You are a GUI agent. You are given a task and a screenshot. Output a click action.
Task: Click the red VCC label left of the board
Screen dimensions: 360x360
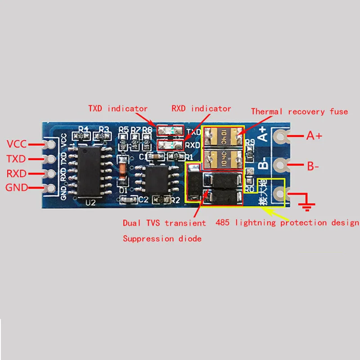(x=17, y=144)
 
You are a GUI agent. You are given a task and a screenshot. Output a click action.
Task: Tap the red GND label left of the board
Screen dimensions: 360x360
(x=17, y=188)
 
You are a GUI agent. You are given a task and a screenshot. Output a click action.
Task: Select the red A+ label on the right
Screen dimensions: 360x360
(x=315, y=135)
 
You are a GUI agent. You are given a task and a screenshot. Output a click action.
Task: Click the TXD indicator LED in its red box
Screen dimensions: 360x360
(x=170, y=131)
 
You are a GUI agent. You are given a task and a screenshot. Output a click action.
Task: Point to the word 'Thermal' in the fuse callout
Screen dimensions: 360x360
(x=267, y=111)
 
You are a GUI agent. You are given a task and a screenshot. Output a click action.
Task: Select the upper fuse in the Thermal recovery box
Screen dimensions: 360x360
(x=222, y=136)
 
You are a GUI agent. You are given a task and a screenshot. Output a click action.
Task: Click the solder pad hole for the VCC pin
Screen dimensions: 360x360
(x=49, y=145)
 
